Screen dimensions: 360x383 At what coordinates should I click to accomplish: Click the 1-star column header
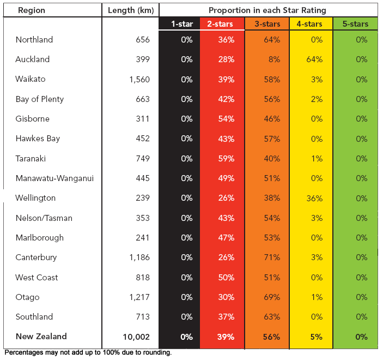pyautogui.click(x=181, y=24)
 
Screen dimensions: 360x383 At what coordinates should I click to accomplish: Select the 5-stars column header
pyautogui.click(x=355, y=24)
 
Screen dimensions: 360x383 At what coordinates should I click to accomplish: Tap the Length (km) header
pyautogui.click(x=131, y=10)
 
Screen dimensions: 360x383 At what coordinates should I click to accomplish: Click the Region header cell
pyautogui.click(x=32, y=10)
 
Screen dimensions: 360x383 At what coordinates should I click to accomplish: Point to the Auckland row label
pyautogui.click(x=33, y=59)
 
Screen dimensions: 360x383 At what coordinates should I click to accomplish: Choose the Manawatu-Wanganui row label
pyautogui.click(x=54, y=178)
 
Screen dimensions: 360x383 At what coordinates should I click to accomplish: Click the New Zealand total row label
pyautogui.click(x=41, y=337)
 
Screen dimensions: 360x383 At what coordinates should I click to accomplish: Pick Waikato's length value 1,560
pyautogui.click(x=139, y=80)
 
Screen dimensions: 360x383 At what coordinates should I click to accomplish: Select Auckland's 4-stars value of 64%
pyautogui.click(x=310, y=59)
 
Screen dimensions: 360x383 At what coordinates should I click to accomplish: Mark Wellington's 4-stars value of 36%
pyautogui.click(x=310, y=199)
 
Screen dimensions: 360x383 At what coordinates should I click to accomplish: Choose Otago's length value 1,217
pyautogui.click(x=139, y=297)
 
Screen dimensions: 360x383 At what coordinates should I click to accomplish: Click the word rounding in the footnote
pyautogui.click(x=157, y=353)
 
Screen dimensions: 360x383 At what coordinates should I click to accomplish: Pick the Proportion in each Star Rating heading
pyautogui.click(x=268, y=10)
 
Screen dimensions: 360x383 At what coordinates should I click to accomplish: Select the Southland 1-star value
pyautogui.click(x=186, y=317)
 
